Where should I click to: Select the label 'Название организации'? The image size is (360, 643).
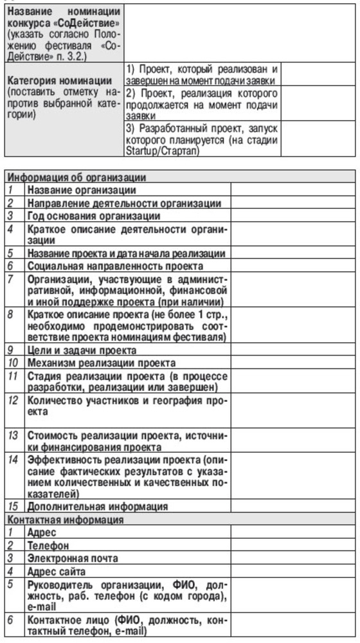[81, 190]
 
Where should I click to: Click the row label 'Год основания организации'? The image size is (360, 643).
[94, 215]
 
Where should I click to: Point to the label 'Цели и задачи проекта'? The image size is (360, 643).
[81, 350]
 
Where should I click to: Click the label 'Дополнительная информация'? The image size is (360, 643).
[97, 507]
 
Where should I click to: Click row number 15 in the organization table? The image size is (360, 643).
[14, 507]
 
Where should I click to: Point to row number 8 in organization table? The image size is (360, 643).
[11, 314]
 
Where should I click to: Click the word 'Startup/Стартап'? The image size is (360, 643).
[164, 151]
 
